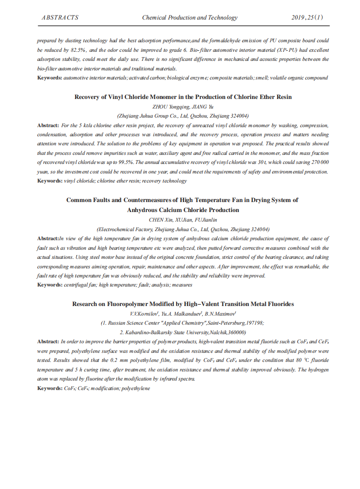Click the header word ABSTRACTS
[x=60, y=18]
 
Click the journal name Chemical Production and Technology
[x=190, y=18]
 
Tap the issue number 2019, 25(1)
[x=307, y=18]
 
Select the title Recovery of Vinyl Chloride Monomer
[x=183, y=97]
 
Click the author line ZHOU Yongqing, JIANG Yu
[x=183, y=107]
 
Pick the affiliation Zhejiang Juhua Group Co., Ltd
[x=183, y=116]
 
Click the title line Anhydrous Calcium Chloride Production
[x=183, y=210]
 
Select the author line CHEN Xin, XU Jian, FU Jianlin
[x=183, y=220]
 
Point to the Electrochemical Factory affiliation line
[x=183, y=229]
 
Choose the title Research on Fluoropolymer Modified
[x=183, y=304]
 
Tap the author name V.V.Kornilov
[x=144, y=314]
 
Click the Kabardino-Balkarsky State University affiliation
[x=183, y=332]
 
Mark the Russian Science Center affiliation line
[x=183, y=323]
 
